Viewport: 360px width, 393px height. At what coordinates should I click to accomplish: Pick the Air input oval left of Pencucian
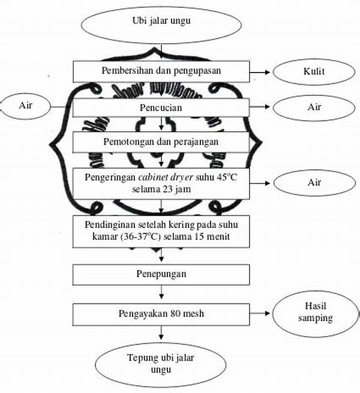24,107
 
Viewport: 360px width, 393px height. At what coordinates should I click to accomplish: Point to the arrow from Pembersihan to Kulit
260,72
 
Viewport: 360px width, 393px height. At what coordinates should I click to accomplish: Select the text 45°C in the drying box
227,177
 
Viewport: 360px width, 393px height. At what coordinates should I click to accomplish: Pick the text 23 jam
177,188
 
